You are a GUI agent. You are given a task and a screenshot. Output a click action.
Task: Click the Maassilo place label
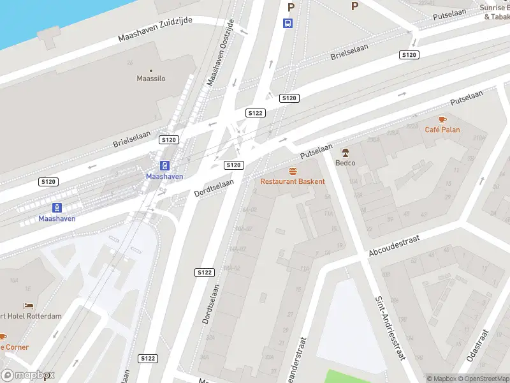151,79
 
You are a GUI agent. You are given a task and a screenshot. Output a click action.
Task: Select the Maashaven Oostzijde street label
221,52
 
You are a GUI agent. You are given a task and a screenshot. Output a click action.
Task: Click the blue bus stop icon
288,23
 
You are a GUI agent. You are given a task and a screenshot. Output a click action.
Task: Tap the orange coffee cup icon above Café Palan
442,119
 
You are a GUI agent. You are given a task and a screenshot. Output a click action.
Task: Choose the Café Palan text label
442,130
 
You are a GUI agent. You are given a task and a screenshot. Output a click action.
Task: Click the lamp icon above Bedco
346,153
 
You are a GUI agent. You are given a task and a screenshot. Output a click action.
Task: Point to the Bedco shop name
346,162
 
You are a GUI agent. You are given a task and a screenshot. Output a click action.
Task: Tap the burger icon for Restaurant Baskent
293,171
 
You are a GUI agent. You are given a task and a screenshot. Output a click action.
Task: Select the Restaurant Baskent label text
293,181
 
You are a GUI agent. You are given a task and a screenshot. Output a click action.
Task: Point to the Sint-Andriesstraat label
390,327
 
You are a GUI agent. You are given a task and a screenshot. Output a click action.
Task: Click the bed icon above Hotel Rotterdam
28,306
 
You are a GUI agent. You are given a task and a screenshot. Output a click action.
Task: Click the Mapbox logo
27,375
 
